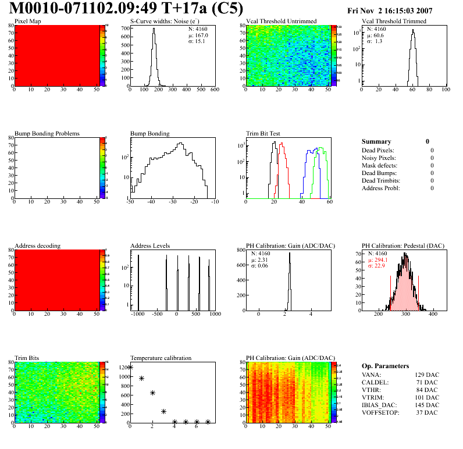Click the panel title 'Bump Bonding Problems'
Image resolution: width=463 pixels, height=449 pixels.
[47, 133]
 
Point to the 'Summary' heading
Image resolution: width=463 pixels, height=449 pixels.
[376, 141]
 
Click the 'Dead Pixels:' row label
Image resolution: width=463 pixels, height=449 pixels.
[377, 150]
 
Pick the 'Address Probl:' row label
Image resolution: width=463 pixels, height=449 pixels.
[380, 188]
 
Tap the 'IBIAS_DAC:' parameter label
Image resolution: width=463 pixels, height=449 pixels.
[380, 405]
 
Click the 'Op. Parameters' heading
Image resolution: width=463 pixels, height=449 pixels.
[385, 366]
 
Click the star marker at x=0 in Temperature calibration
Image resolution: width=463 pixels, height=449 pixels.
[130, 367]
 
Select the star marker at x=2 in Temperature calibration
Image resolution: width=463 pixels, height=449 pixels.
[152, 393]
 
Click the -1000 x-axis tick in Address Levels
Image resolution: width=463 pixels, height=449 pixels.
[137, 314]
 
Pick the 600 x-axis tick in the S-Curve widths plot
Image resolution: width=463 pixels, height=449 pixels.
[214, 90]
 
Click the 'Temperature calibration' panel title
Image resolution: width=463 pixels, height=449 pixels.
[161, 358]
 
